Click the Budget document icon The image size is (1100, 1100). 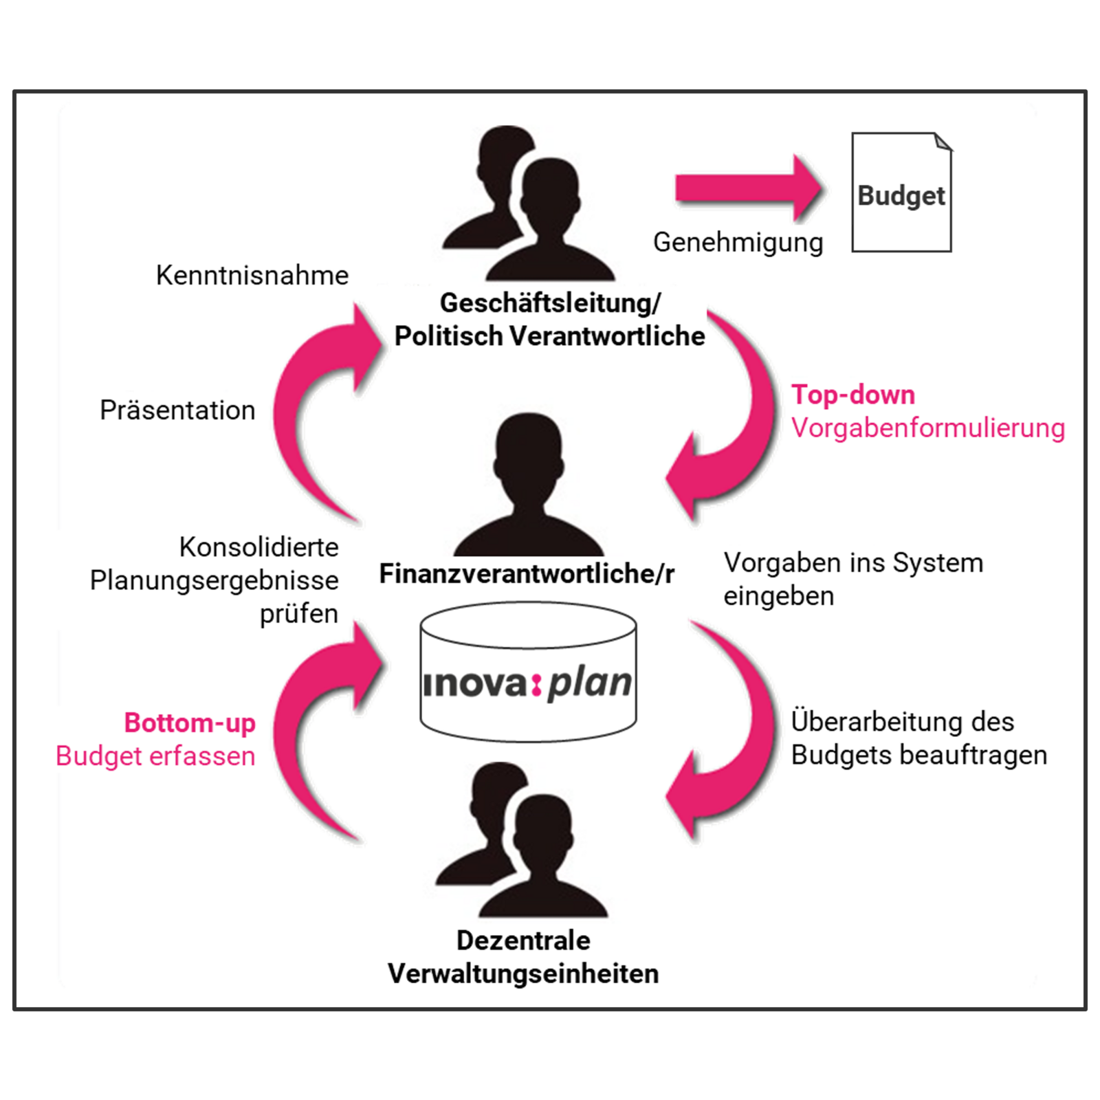point(901,193)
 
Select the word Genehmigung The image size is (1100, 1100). point(738,243)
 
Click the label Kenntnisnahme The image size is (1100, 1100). point(252,276)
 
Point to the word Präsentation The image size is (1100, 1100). point(177,410)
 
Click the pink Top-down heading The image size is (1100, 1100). point(853,395)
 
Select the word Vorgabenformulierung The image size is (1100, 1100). point(927,428)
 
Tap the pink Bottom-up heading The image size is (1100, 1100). point(190,723)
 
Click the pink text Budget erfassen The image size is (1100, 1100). point(155,756)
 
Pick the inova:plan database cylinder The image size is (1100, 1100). point(528,674)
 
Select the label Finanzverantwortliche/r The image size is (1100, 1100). point(527,574)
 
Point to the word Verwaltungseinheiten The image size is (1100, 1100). point(523,973)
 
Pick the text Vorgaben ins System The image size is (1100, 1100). point(853,563)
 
